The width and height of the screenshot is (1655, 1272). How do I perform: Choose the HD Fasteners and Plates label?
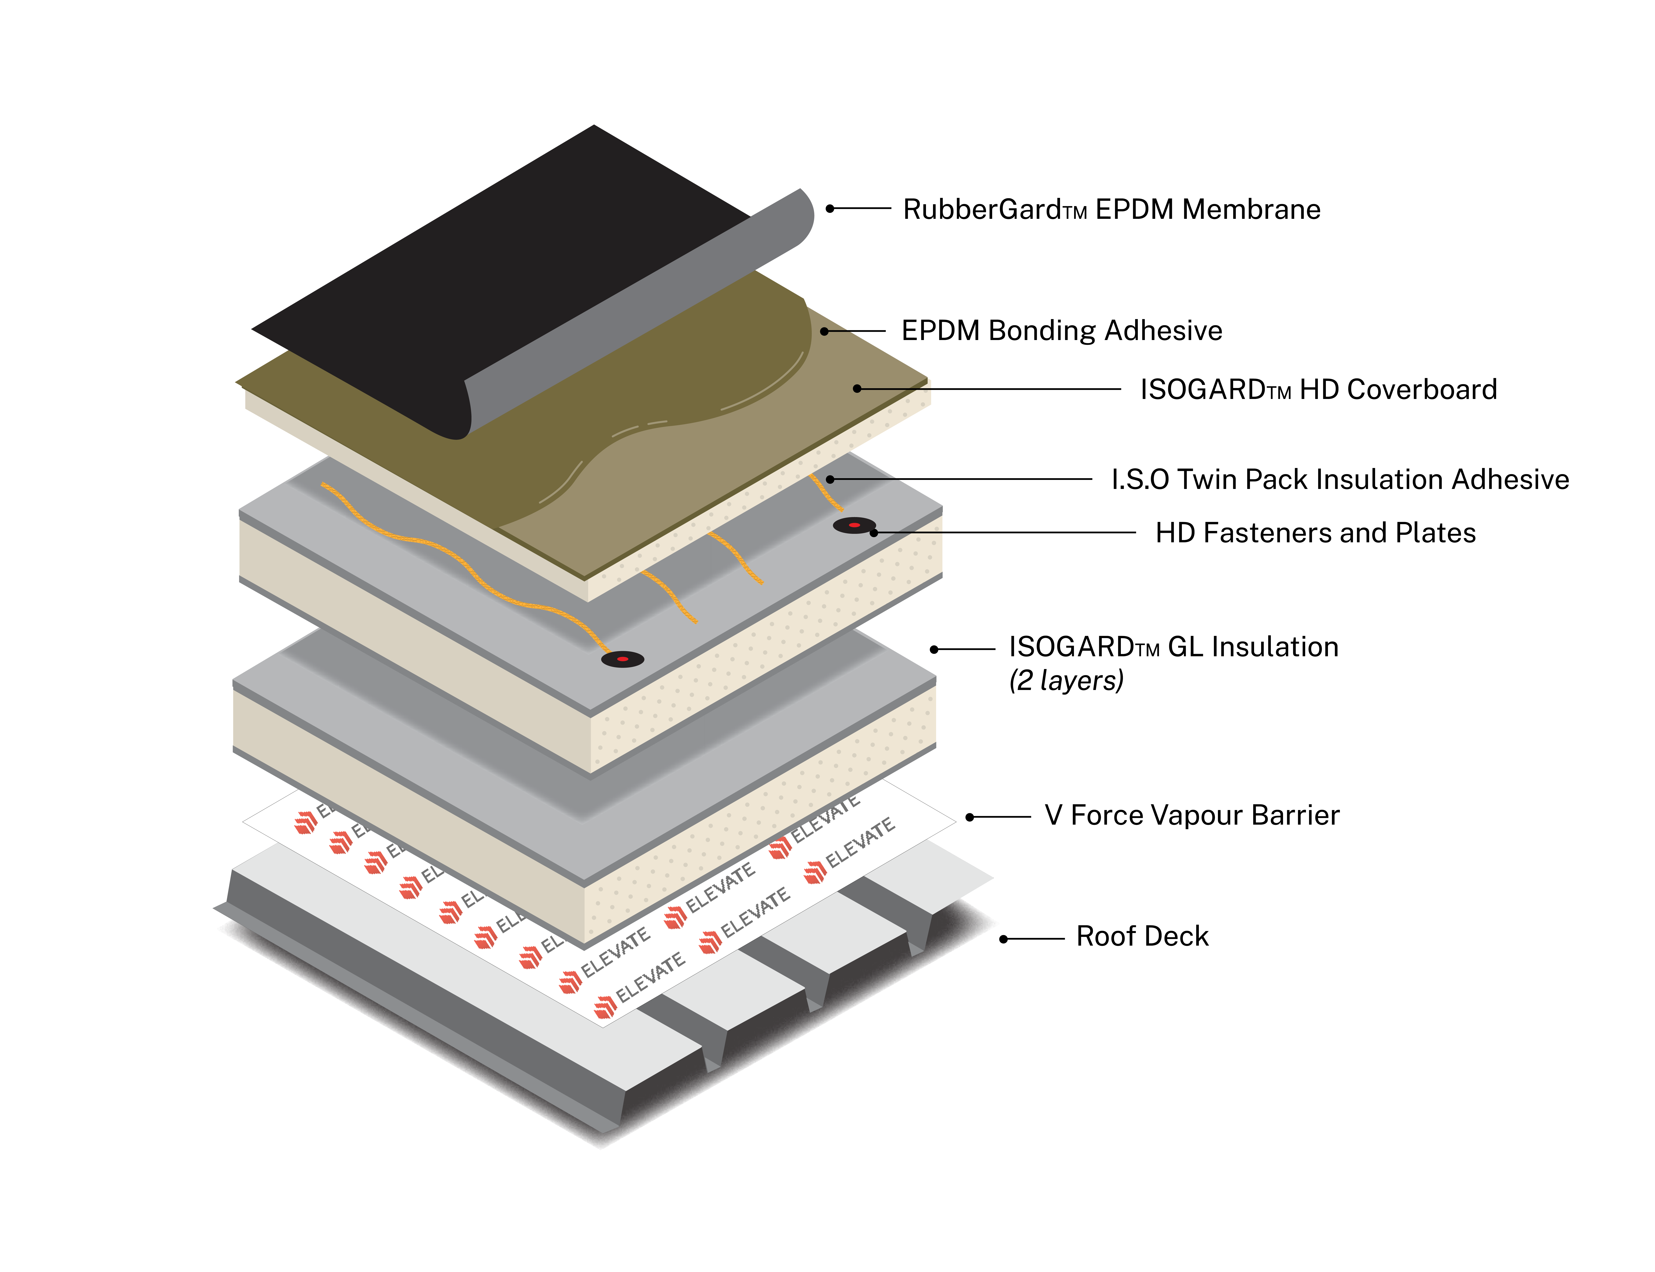pos(1315,533)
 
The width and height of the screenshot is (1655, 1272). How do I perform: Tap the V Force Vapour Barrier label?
pos(1192,816)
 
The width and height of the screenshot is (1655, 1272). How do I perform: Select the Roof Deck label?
pos(1142,937)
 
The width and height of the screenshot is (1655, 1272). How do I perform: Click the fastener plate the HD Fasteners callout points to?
pos(854,525)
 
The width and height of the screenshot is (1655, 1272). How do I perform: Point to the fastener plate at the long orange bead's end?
pos(622,659)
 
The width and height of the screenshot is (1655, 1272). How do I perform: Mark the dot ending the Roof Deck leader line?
pos(1003,939)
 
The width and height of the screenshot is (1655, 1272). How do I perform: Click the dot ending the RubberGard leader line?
pos(830,208)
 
